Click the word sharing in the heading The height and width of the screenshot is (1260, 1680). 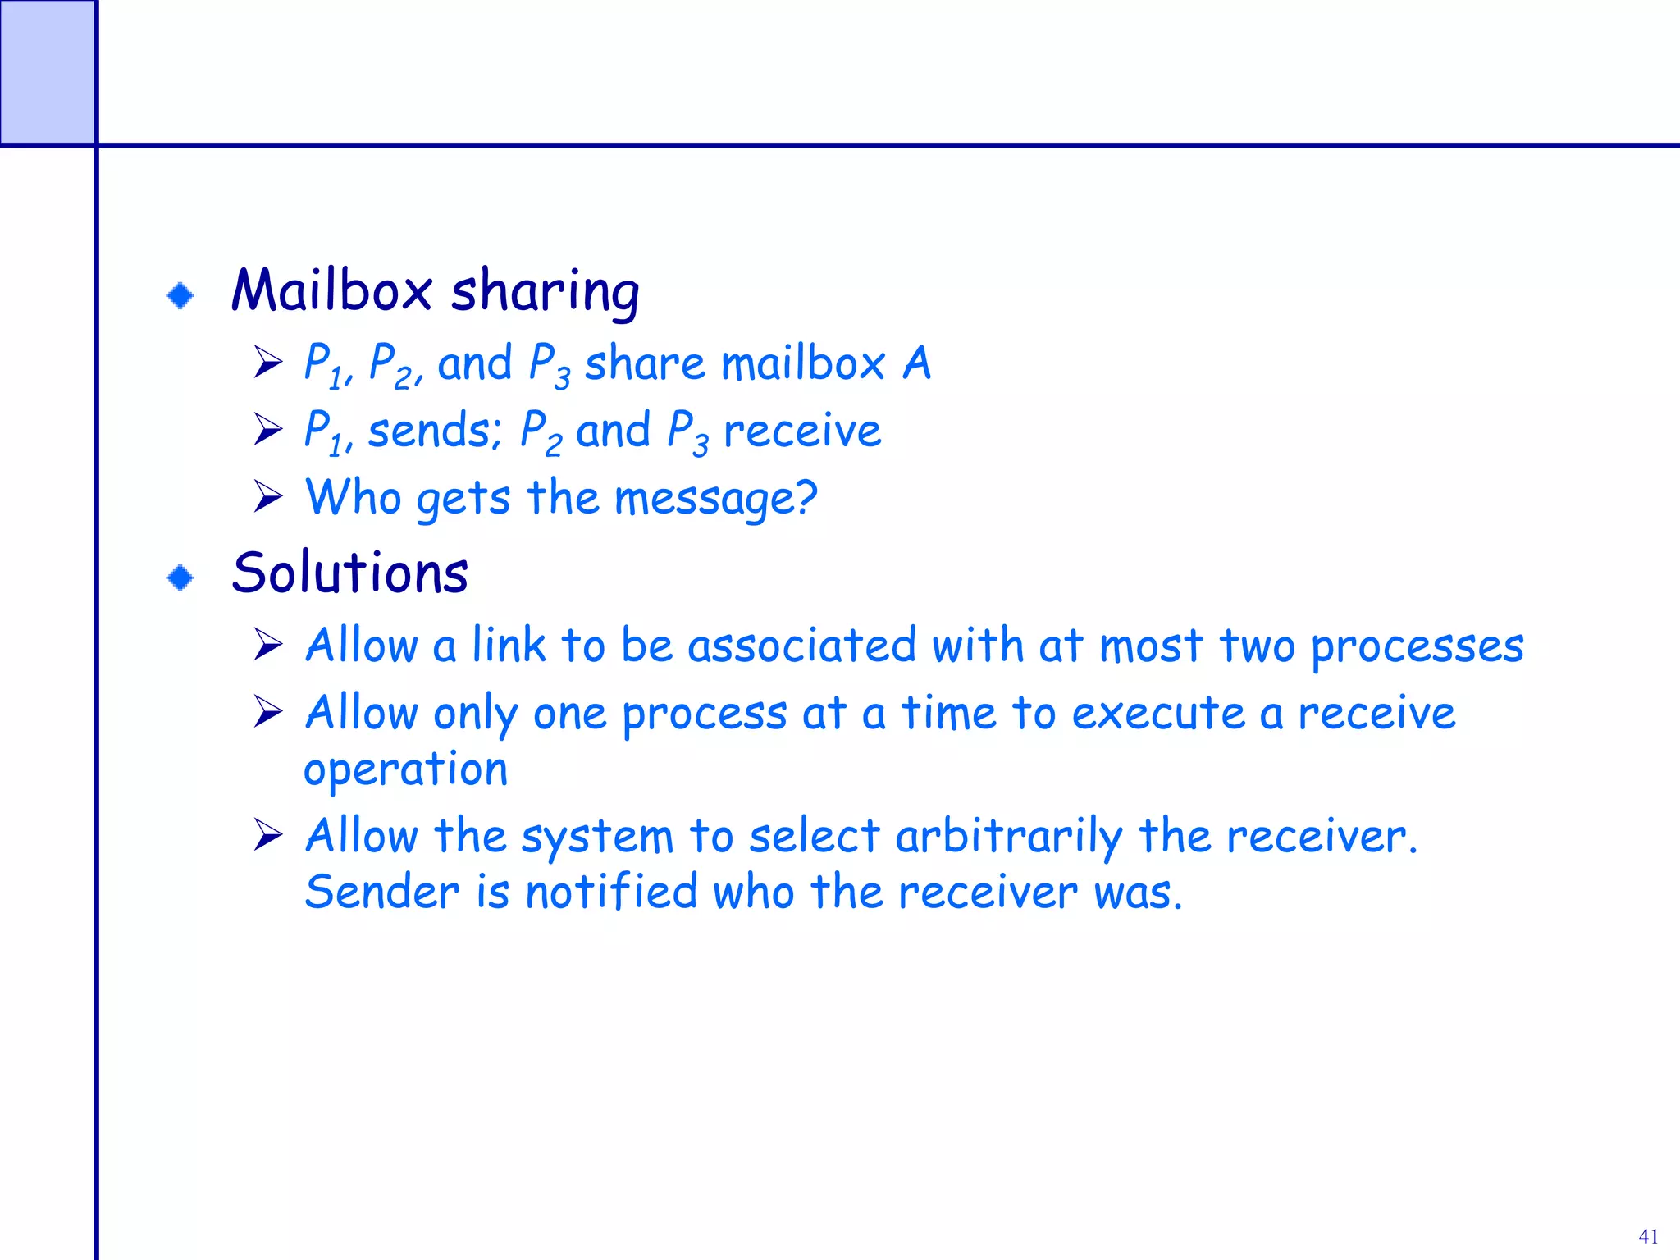tap(545, 294)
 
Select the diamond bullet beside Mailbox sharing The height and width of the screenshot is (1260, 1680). tap(180, 295)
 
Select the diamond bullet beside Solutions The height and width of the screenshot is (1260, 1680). tap(180, 577)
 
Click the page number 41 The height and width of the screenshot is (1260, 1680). tap(1648, 1236)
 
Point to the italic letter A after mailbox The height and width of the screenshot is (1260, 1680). tap(917, 363)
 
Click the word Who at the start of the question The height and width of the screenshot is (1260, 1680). tap(352, 497)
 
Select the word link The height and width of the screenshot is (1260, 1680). tap(509, 645)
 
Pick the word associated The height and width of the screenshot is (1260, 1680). tap(801, 646)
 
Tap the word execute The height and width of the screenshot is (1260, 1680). tap(1157, 713)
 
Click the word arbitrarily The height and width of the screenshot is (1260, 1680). tap(1008, 838)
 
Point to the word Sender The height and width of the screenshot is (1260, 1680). tap(381, 892)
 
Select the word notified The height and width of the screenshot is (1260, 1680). tap(611, 892)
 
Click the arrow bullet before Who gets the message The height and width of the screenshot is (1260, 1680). tap(267, 496)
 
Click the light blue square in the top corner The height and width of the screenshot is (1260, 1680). tap(47, 72)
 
